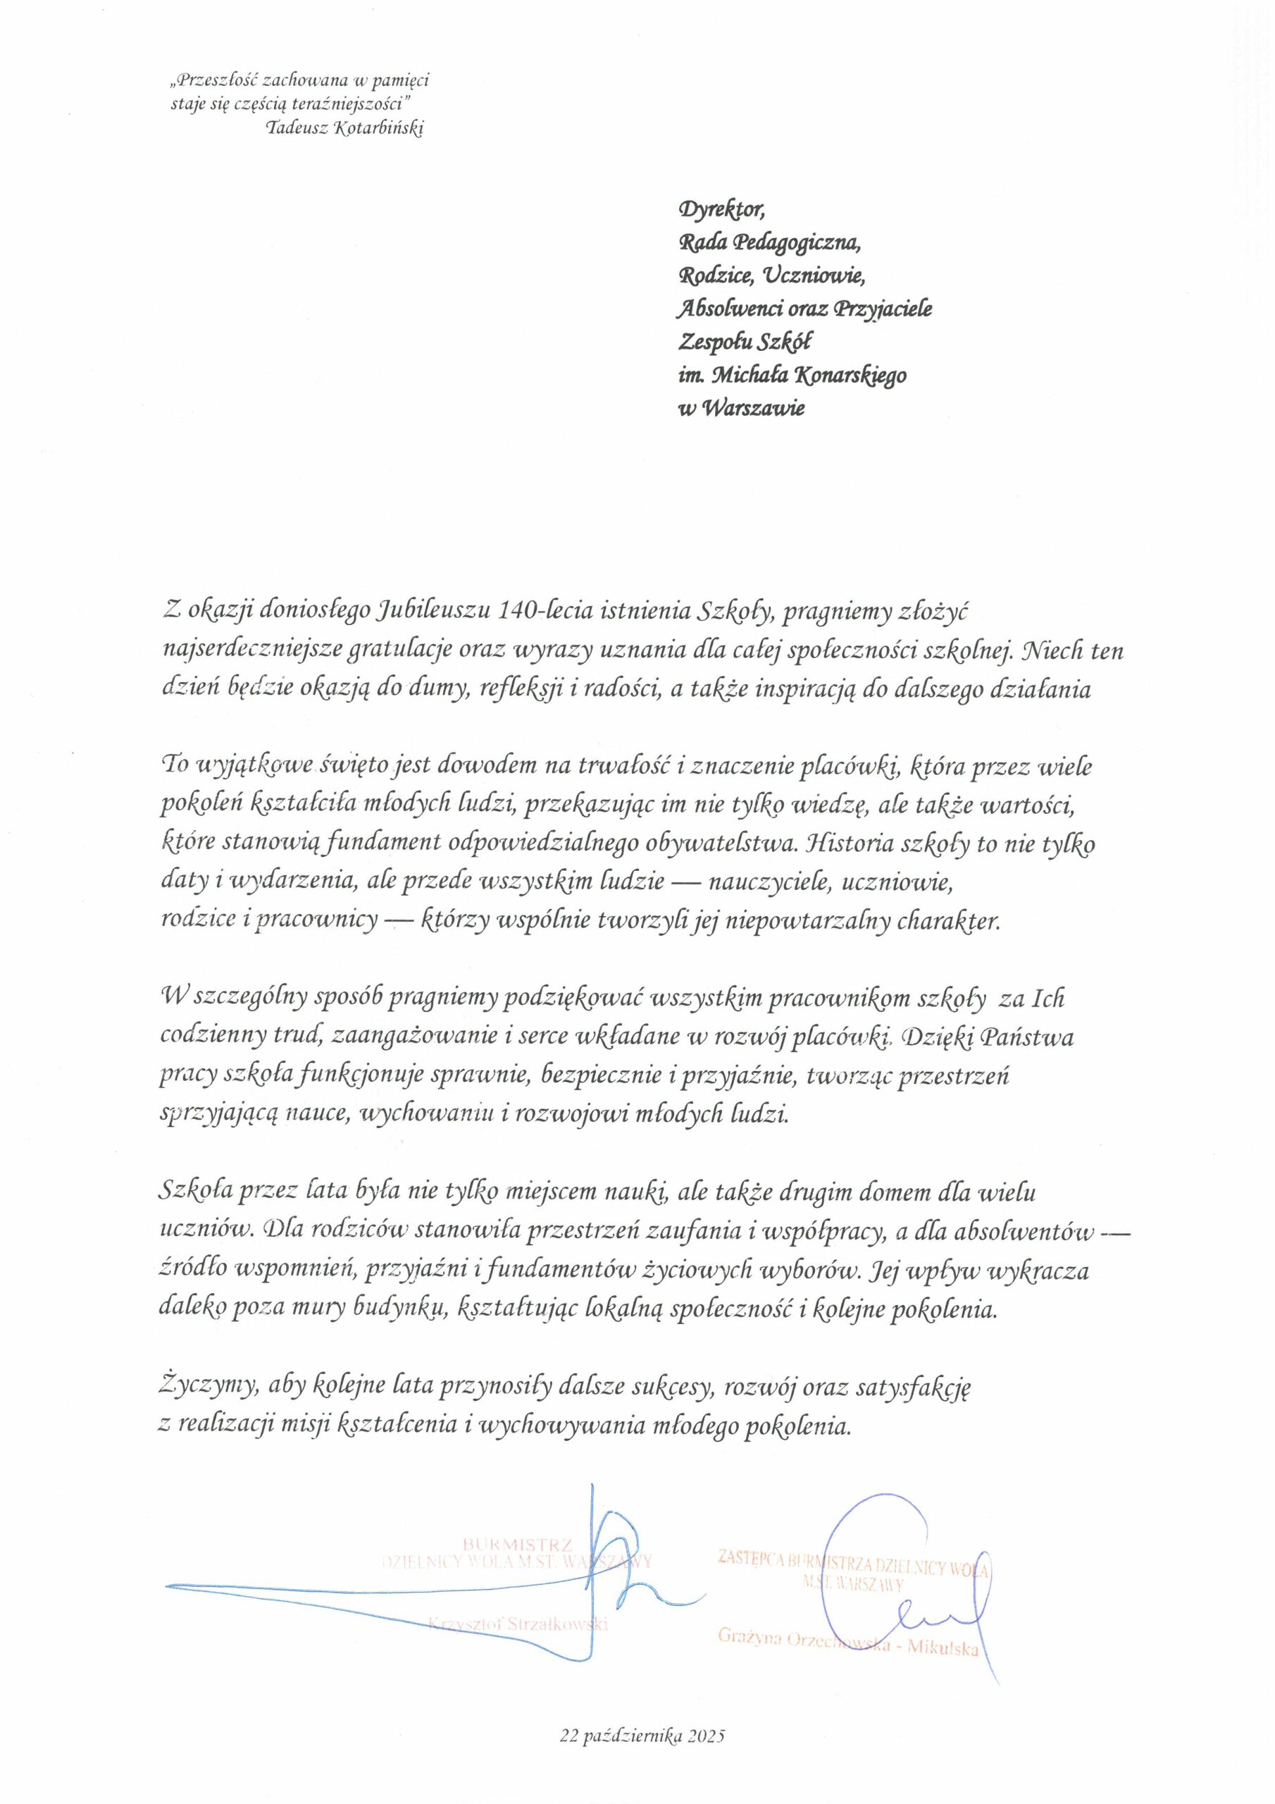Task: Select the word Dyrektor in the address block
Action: tap(720, 210)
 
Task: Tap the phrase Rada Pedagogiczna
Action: tap(769, 244)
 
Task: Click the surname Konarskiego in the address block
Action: tap(852, 376)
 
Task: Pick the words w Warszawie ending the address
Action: tap(741, 409)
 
